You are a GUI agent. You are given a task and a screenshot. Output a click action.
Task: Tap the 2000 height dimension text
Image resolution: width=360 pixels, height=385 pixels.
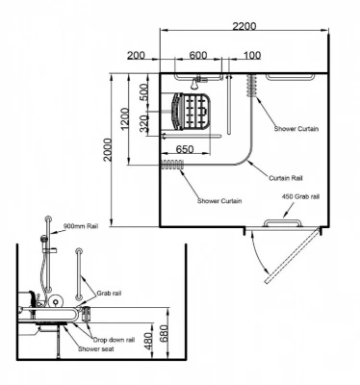[x=109, y=151]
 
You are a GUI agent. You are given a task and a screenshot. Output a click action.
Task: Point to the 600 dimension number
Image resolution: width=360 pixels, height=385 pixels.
[x=198, y=55]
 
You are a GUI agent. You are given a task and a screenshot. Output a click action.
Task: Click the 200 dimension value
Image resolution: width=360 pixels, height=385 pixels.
[x=135, y=55]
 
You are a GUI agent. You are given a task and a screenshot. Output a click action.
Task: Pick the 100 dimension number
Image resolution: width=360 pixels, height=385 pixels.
[x=250, y=55]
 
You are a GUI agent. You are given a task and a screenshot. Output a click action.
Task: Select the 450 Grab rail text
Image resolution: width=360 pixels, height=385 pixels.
[x=300, y=196]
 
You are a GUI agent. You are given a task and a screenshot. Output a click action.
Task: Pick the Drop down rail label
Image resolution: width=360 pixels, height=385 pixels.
[x=114, y=339]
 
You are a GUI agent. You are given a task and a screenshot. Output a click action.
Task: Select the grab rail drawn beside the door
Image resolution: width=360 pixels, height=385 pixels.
[x=279, y=222]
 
